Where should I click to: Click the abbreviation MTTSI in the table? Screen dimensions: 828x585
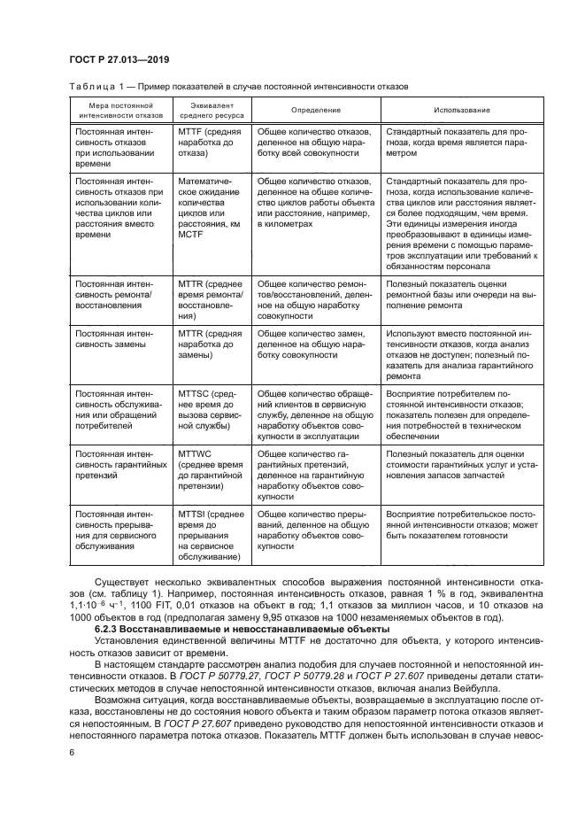click(196, 513)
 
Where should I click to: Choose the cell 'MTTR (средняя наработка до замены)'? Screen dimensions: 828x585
click(210, 344)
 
